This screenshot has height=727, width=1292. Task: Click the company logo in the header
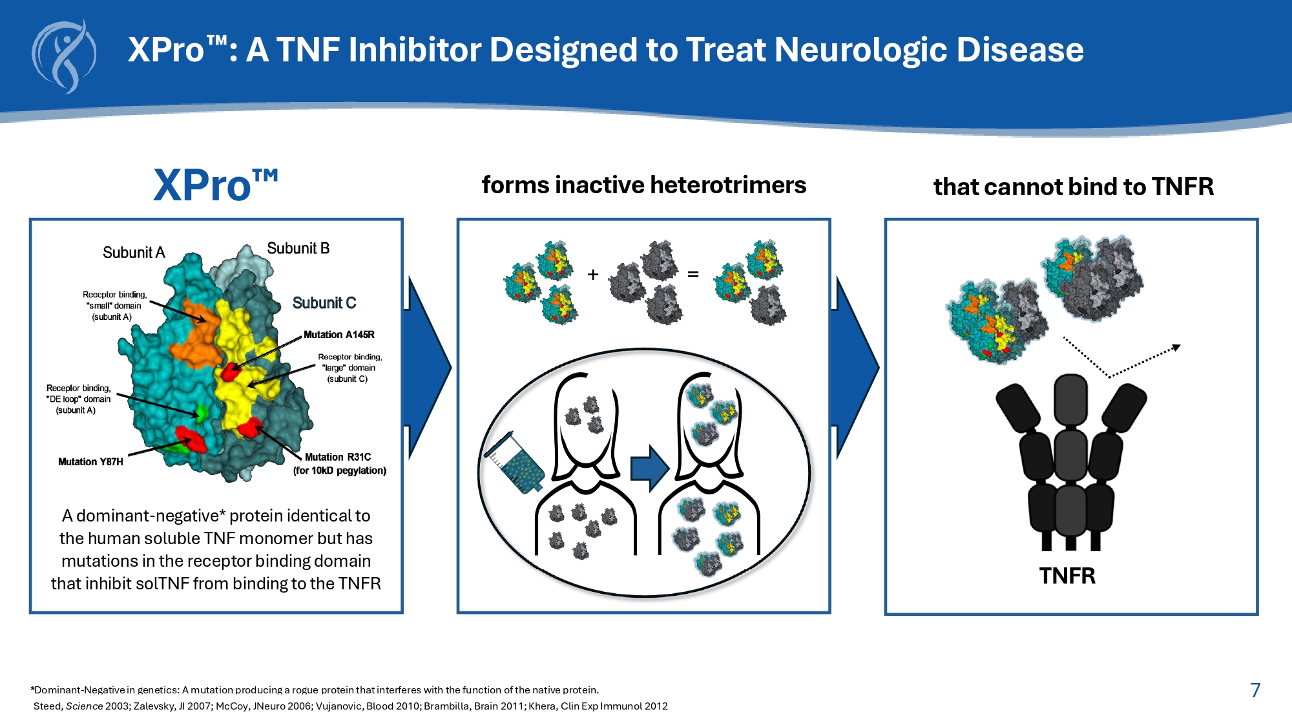tap(64, 57)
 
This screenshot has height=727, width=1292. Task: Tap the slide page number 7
tap(1255, 690)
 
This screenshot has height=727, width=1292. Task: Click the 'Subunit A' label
tap(134, 253)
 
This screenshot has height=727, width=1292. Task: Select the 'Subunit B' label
tap(298, 248)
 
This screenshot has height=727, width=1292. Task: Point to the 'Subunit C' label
tap(324, 303)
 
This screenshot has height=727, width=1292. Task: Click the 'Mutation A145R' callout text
tap(339, 335)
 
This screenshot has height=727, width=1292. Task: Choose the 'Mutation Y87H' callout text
tap(90, 462)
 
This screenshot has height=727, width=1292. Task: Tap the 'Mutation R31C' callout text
tap(338, 457)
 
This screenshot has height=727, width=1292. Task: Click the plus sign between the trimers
tap(593, 275)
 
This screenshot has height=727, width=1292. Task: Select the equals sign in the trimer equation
tap(693, 275)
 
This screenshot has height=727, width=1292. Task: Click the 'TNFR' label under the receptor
tap(1067, 576)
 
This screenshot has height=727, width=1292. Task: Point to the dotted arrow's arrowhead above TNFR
tap(1177, 348)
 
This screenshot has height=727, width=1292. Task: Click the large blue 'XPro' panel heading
tap(215, 185)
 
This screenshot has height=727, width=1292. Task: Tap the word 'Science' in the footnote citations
tap(84, 706)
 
